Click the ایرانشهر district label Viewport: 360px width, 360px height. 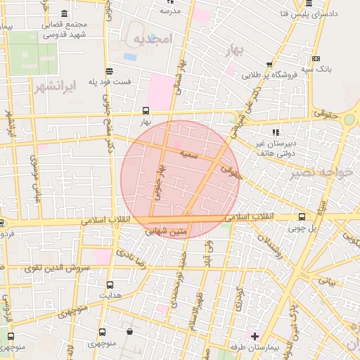(53, 87)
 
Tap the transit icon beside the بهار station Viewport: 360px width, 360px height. (146, 110)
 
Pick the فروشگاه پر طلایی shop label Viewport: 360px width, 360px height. (275, 74)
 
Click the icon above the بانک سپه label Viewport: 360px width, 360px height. (316, 58)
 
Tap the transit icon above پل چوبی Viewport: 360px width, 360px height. (302, 217)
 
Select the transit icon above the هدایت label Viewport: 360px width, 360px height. (109, 285)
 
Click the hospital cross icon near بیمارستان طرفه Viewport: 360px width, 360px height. (255, 336)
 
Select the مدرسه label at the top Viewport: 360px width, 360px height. (171, 11)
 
